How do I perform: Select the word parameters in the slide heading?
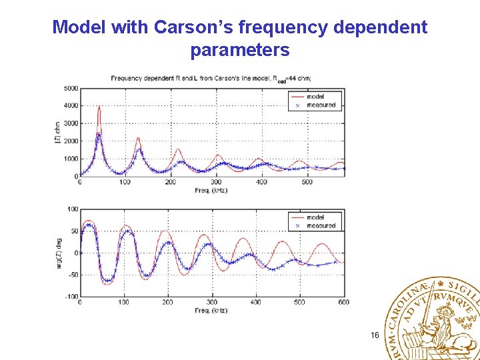pyautogui.click(x=239, y=50)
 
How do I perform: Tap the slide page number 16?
pyautogui.click(x=375, y=335)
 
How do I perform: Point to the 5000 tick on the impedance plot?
pyautogui.click(x=71, y=88)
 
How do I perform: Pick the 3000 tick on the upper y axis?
pyautogui.click(x=71, y=123)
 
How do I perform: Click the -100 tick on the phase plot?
pyautogui.click(x=71, y=297)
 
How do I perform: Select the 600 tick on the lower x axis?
pyautogui.click(x=343, y=302)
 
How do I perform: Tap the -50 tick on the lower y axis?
pyautogui.click(x=73, y=275)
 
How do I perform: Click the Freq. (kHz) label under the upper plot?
pyautogui.click(x=212, y=190)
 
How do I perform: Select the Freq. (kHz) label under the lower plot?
pyautogui.click(x=212, y=311)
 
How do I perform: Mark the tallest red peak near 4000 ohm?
pyautogui.click(x=99, y=107)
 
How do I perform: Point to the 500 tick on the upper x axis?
pyautogui.click(x=307, y=182)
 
